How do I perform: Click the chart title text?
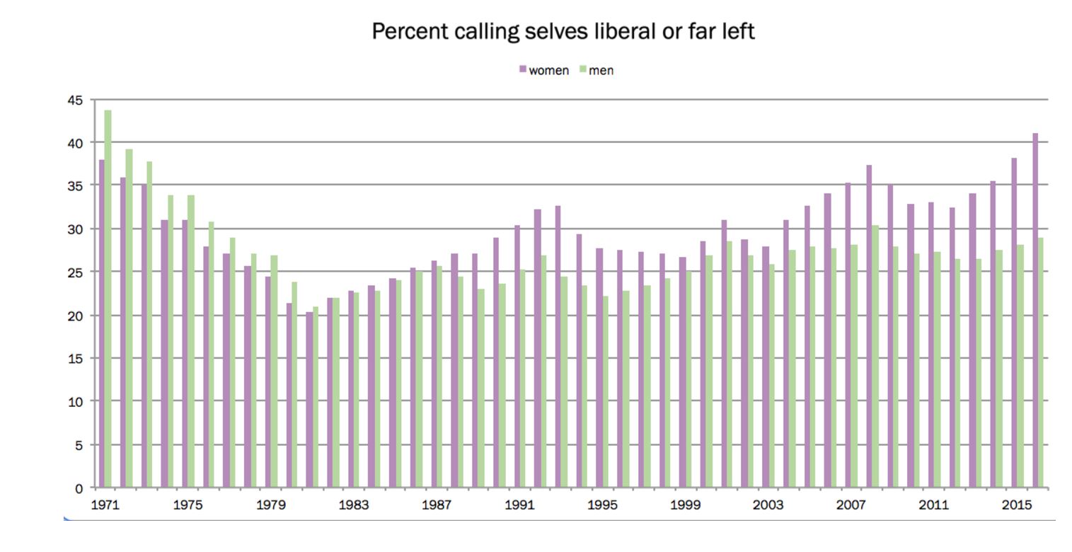pos(563,32)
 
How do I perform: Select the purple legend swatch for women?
pos(523,69)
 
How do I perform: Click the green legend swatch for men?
pos(583,69)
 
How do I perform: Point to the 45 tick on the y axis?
pos(75,100)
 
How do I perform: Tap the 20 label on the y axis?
pos(75,316)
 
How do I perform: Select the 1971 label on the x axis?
pos(105,505)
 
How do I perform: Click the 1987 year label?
pos(436,505)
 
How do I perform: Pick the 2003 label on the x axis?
pos(768,505)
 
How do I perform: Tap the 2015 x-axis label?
pos(1016,505)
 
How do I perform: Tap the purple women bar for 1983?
pos(350,389)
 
